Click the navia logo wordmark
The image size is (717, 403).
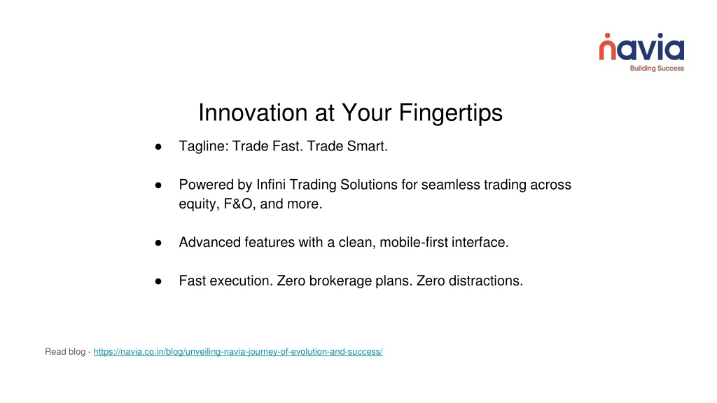click(641, 47)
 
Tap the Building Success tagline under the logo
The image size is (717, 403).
click(657, 69)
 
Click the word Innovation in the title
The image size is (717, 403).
click(252, 113)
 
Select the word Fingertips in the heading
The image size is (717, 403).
click(450, 113)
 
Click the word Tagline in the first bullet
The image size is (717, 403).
click(204, 146)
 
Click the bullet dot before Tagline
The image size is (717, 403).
click(158, 147)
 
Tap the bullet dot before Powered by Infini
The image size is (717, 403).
click(158, 185)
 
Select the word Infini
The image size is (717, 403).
click(271, 185)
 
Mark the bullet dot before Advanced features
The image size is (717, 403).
click(158, 243)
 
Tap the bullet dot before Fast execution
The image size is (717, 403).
click(158, 281)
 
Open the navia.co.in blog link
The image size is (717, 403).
click(238, 352)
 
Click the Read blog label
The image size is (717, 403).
click(65, 352)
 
